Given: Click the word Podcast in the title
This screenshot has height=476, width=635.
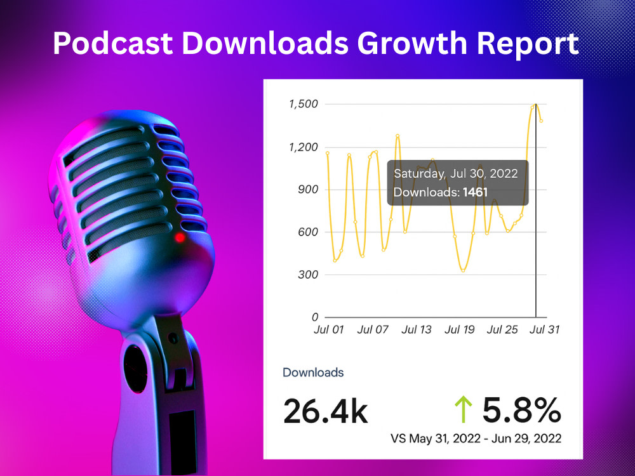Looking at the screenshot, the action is click(112, 43).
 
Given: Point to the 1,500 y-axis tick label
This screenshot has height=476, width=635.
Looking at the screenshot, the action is click(303, 105).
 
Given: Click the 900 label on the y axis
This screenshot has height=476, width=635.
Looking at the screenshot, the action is click(308, 189).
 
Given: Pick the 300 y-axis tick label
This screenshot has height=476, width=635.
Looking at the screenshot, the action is click(308, 274).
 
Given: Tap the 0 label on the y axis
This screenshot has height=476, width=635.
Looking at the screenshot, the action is click(315, 317).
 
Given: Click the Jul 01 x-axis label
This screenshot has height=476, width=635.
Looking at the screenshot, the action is click(328, 329).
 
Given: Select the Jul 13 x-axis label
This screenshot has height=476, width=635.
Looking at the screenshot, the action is click(417, 329).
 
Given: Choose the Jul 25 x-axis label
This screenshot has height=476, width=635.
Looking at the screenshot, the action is click(502, 329).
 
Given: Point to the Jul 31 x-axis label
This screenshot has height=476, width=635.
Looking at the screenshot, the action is click(544, 329).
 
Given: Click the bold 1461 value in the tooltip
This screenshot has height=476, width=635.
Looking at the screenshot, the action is click(475, 192).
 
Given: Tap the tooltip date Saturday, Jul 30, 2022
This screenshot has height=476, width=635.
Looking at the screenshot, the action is click(455, 174).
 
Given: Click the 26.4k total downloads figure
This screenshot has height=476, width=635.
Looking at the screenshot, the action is click(326, 411).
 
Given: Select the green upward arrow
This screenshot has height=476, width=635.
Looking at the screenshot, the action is click(464, 409).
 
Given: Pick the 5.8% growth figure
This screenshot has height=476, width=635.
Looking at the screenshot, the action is click(521, 410).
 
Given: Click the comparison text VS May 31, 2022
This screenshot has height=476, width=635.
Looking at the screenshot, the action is click(436, 439).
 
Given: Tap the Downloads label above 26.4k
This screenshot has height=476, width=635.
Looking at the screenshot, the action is click(313, 373).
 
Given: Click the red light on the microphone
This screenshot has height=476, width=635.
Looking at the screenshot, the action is click(180, 237).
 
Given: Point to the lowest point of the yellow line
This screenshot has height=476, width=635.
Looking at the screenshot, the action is click(464, 270).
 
